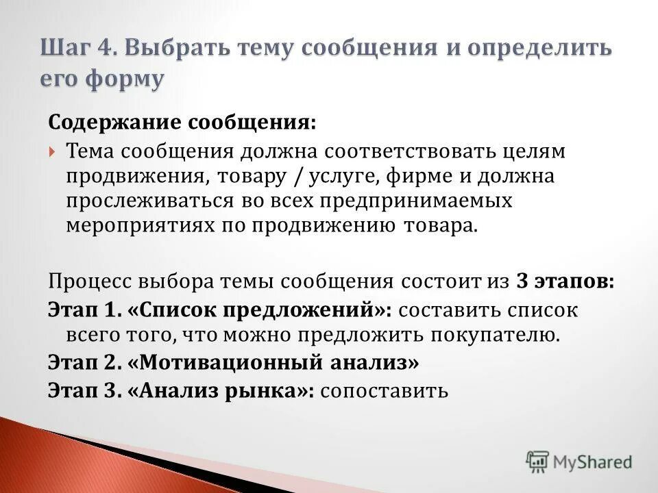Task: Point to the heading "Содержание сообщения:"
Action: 182,123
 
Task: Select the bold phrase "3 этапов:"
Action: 565,281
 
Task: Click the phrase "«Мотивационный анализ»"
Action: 272,362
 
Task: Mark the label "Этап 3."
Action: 84,390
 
